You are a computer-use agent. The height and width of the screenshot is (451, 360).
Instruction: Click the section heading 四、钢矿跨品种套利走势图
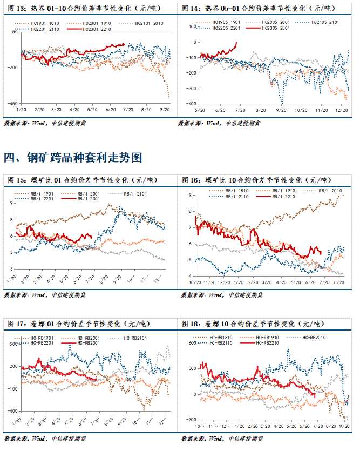click(73, 158)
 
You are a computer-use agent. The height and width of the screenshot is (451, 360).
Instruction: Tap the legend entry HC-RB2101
click(135, 338)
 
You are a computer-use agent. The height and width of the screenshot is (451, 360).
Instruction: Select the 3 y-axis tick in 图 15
click(10, 268)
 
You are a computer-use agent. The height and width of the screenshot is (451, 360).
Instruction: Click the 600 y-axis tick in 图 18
click(191, 344)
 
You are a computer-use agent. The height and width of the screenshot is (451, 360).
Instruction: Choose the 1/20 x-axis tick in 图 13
click(21, 109)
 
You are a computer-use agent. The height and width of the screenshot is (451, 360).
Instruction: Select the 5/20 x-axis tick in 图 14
click(199, 109)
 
